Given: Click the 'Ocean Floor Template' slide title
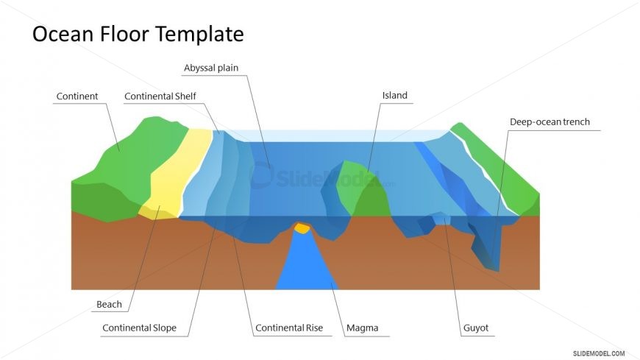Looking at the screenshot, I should click(x=138, y=34).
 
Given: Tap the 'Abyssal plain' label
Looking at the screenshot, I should click(x=211, y=68).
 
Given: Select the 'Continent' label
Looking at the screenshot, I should click(x=77, y=96).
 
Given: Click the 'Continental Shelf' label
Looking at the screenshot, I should click(x=160, y=96).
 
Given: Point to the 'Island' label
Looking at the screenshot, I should click(x=394, y=96).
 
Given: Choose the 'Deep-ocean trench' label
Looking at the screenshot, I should click(x=550, y=122).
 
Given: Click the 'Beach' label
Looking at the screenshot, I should click(x=109, y=304).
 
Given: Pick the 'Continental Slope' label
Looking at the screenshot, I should click(x=139, y=328).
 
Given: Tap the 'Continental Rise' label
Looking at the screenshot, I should click(x=288, y=328).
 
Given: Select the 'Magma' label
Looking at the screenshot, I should click(x=361, y=328).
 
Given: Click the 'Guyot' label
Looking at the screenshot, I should click(x=475, y=328).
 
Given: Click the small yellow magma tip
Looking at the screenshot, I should click(x=302, y=228).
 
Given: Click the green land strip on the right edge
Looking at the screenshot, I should click(x=508, y=173).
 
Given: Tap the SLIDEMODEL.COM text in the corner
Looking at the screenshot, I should click(x=598, y=353).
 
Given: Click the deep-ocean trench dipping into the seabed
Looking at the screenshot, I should click(x=489, y=247).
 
